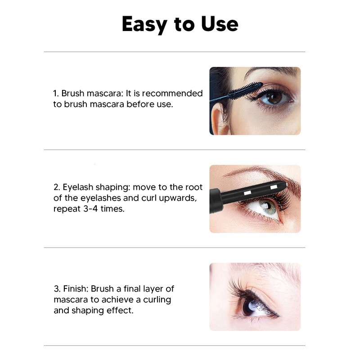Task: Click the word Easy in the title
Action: point(144,24)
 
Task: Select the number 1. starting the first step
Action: point(56,94)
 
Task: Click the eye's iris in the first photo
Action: point(274,97)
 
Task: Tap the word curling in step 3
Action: point(156,300)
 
